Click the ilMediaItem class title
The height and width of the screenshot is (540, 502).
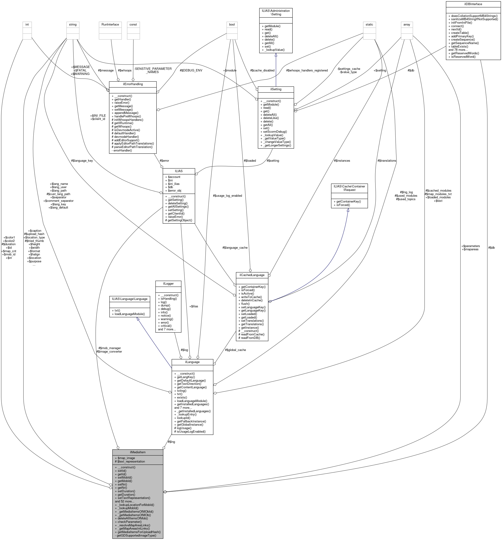(x=138, y=452)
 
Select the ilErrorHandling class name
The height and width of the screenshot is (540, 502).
(x=133, y=84)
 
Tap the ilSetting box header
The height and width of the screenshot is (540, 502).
(x=276, y=89)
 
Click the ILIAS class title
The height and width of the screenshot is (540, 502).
(x=178, y=171)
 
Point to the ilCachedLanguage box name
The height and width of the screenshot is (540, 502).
(x=252, y=275)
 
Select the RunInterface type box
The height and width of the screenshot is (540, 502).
(x=110, y=24)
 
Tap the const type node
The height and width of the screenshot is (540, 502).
(x=133, y=24)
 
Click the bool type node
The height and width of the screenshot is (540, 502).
(x=232, y=24)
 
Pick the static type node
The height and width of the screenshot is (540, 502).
(x=369, y=24)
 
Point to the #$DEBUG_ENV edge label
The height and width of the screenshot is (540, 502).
(x=191, y=70)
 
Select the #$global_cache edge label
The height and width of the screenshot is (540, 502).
(x=235, y=350)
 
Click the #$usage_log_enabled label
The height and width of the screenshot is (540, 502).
(x=227, y=196)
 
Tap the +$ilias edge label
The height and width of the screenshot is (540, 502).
(x=194, y=306)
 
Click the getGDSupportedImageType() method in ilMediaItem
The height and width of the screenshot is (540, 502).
(x=136, y=535)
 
